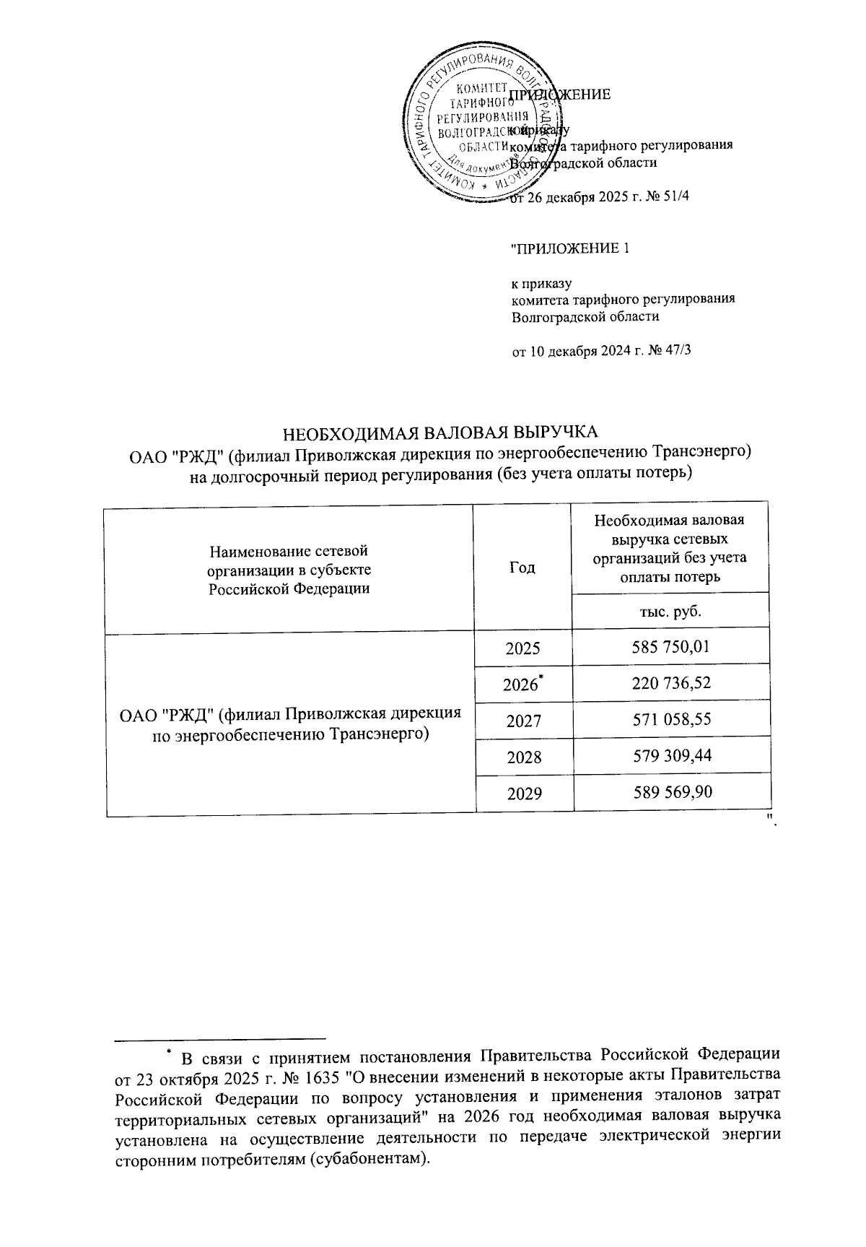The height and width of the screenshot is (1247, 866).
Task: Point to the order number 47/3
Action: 676,351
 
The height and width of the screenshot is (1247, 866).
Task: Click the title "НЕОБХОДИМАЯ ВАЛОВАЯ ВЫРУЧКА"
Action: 440,433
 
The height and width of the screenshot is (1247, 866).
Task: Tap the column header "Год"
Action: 523,568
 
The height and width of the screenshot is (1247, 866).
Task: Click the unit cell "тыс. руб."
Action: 671,611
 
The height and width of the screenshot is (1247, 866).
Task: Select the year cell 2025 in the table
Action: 523,647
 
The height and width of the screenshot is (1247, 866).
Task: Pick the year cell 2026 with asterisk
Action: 522,684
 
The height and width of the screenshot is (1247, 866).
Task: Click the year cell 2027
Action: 523,721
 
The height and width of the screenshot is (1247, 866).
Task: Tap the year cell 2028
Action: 523,757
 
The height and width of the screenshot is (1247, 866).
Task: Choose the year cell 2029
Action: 523,794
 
